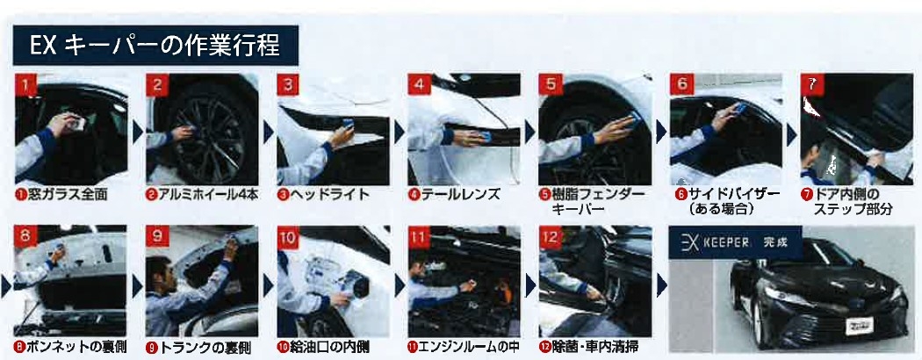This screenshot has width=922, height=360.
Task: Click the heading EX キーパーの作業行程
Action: (x=155, y=45)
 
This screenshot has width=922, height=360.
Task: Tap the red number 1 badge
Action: (x=25, y=84)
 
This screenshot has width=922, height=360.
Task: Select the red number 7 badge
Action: (x=811, y=84)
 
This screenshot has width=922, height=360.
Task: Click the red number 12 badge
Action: (x=551, y=238)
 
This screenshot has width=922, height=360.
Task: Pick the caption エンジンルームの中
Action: (x=464, y=347)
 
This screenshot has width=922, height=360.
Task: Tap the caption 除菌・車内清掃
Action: (x=588, y=347)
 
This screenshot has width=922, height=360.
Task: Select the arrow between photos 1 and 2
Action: (x=138, y=133)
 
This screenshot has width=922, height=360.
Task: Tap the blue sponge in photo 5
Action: (x=634, y=119)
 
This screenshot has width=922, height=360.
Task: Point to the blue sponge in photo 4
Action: (x=485, y=138)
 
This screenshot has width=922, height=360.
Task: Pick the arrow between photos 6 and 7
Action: (x=791, y=133)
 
